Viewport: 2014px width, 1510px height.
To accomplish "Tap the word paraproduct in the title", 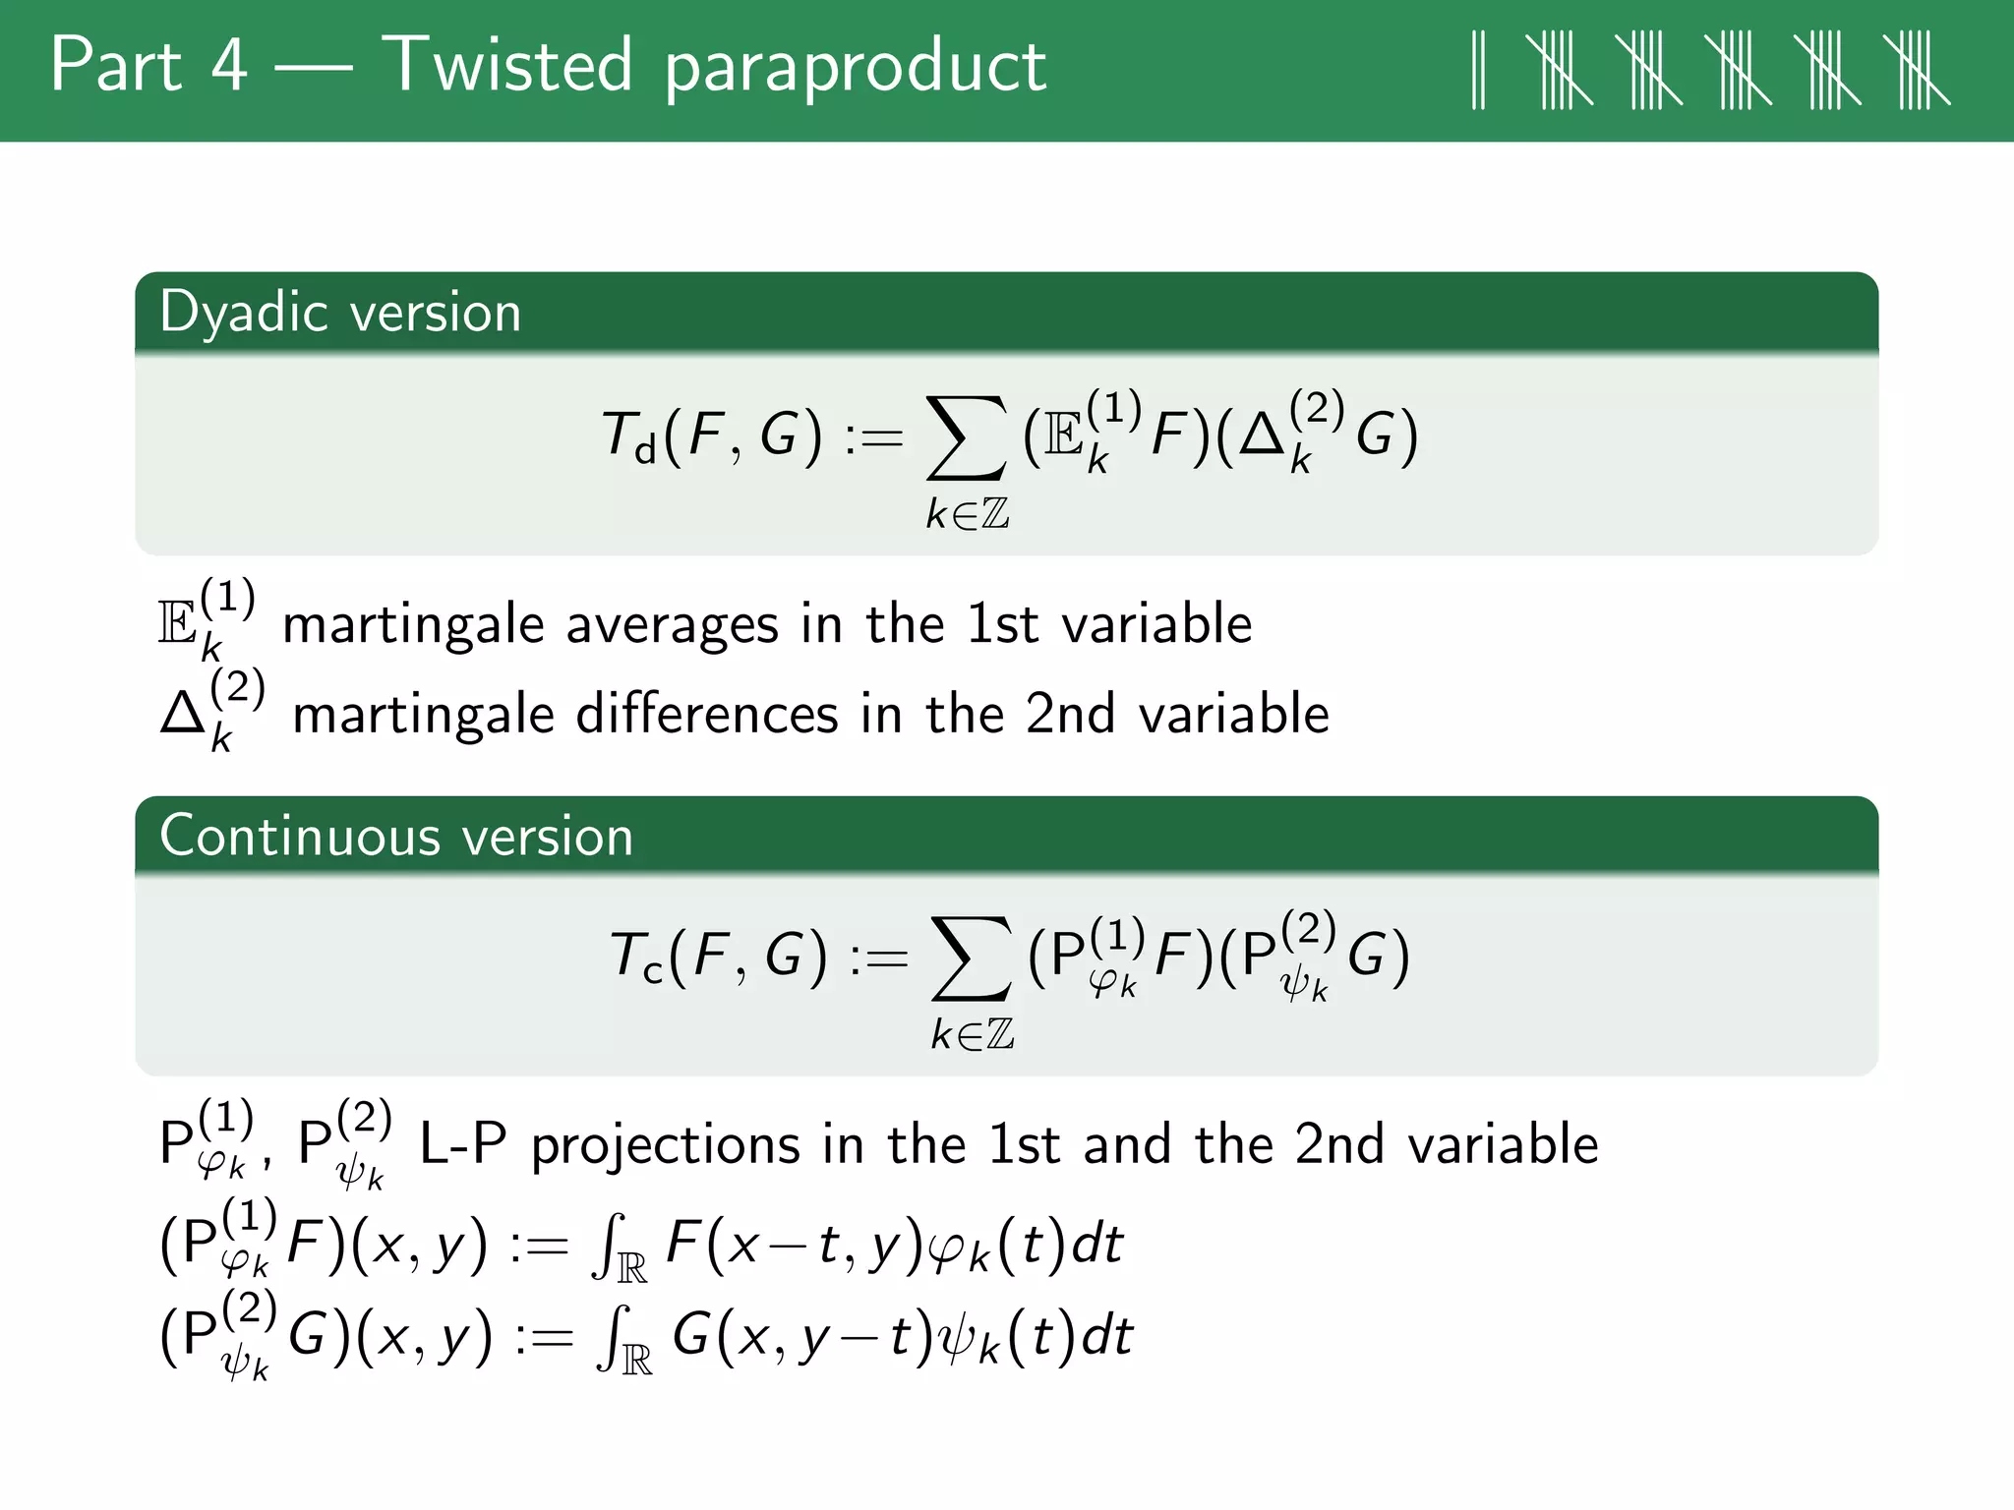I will [855, 69].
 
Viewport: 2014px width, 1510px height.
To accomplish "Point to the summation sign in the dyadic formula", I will [967, 438].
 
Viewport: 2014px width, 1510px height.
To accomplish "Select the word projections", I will [666, 1145].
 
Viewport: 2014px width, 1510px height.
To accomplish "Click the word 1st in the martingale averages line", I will [1001, 625].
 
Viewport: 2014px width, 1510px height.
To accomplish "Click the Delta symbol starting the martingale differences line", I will [183, 714].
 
